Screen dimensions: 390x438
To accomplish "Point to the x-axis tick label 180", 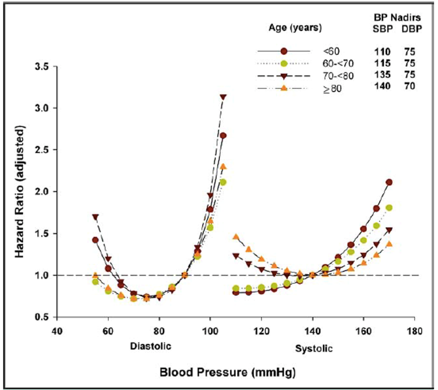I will tap(414, 330).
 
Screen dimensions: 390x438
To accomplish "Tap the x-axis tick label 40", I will tap(57, 330).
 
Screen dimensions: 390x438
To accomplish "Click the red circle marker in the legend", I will tap(284, 51).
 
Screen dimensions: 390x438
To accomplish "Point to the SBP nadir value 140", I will tap(383, 87).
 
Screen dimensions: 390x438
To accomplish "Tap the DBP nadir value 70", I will tap(410, 87).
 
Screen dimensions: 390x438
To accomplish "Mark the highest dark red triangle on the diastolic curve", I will tap(223, 97).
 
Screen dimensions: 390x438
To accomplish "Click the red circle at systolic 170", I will tap(389, 182).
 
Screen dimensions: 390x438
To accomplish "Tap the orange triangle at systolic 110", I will tap(236, 237).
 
